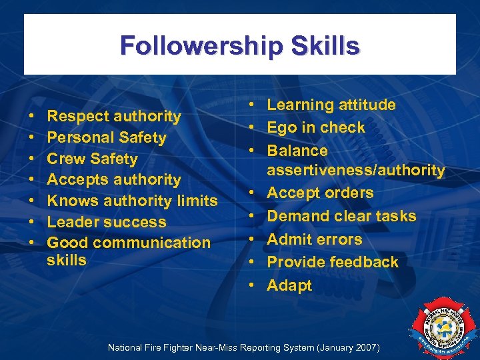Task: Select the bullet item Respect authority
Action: pos(114,116)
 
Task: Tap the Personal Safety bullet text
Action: pos(107,137)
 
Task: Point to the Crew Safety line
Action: pos(92,159)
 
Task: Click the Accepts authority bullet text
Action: pos(114,179)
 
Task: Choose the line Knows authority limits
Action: pos(132,201)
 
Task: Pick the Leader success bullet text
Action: pos(107,222)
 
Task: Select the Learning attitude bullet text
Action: pos(331,105)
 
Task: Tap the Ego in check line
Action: pos(316,127)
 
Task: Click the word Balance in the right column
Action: pos(297,151)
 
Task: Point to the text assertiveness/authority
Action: pos(356,171)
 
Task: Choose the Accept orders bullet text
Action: pos(320,193)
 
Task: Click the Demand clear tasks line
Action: pos(341,216)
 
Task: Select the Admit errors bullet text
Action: pos(315,239)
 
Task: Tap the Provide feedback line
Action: pos(333,262)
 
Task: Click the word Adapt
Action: pos(289,285)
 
